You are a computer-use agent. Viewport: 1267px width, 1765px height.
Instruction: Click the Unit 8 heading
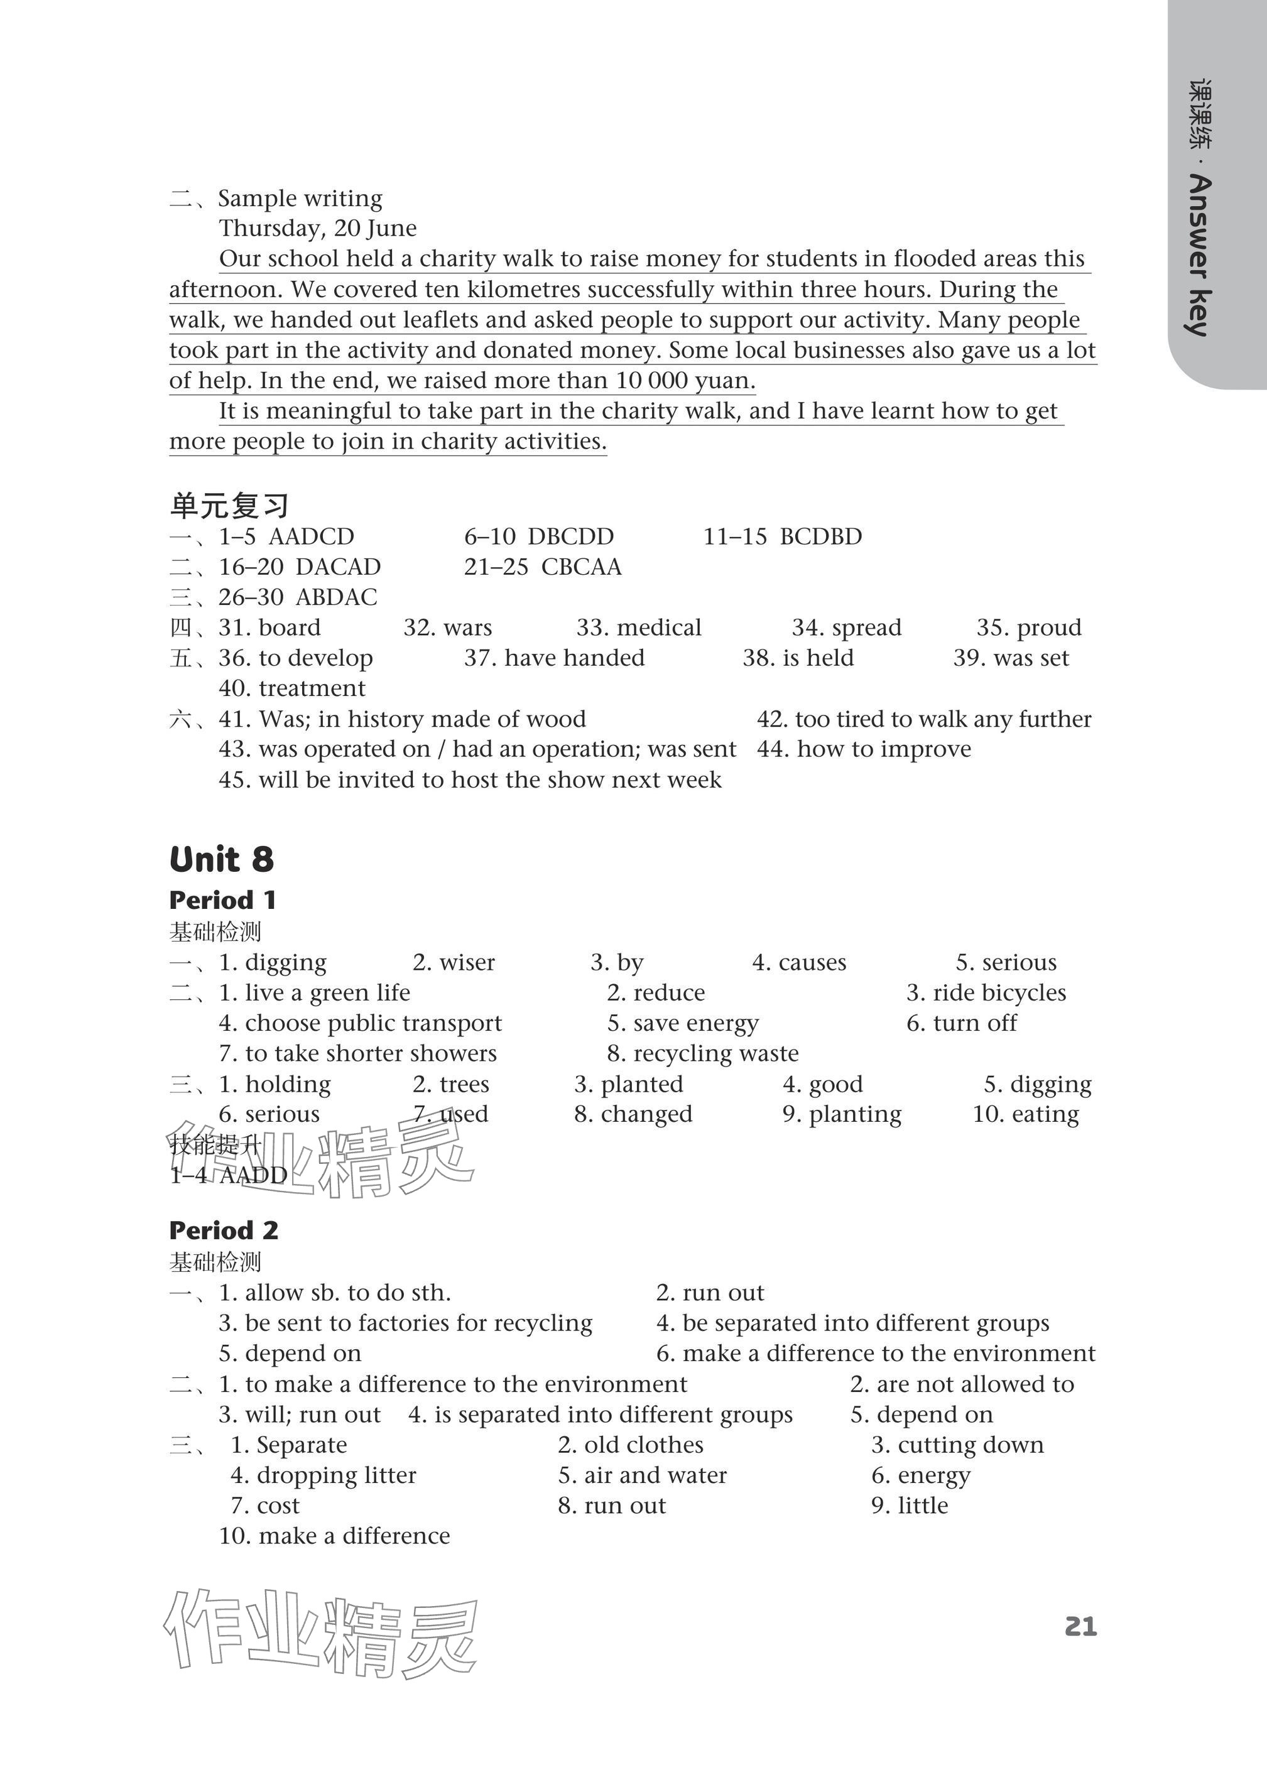(x=222, y=860)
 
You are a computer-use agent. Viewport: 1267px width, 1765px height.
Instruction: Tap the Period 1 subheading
(x=222, y=900)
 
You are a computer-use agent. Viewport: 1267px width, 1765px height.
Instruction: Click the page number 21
(x=1080, y=1626)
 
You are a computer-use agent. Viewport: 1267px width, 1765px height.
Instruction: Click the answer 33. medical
(x=638, y=627)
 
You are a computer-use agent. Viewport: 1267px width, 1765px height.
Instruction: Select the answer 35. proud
(x=1028, y=627)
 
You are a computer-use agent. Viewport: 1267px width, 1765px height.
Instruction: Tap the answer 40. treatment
(x=292, y=688)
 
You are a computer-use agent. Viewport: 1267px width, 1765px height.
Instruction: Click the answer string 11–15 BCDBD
(x=782, y=536)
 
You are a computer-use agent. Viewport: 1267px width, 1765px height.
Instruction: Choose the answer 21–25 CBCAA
(x=543, y=567)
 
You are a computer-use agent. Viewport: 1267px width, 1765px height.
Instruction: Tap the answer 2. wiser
(x=454, y=963)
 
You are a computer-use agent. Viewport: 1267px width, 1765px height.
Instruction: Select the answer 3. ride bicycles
(x=986, y=993)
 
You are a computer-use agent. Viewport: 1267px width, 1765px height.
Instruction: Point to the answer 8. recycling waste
(x=703, y=1054)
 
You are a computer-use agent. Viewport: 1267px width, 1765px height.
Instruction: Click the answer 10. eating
(x=1026, y=1114)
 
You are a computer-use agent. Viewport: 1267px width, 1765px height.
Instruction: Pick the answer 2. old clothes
(x=631, y=1445)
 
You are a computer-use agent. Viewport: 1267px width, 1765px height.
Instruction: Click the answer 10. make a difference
(x=335, y=1536)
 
